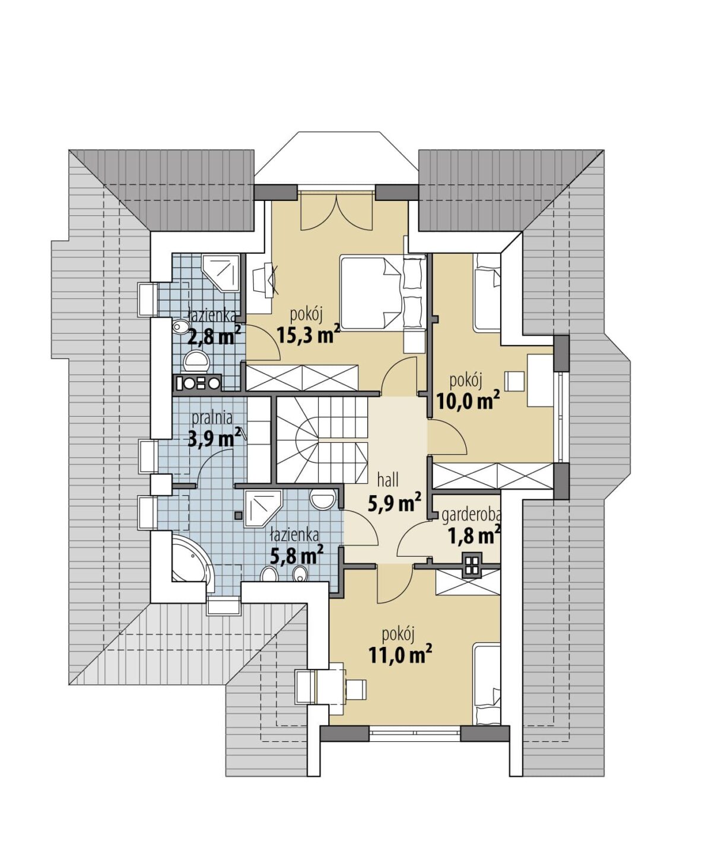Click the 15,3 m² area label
coord(309,335)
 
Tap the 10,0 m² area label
coord(469,401)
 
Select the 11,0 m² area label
coord(401,655)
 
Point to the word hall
coord(388,480)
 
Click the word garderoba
coord(471,516)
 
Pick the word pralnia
coord(212,418)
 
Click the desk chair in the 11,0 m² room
coord(355,689)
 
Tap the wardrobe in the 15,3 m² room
coord(302,377)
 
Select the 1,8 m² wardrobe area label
coord(475,535)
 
